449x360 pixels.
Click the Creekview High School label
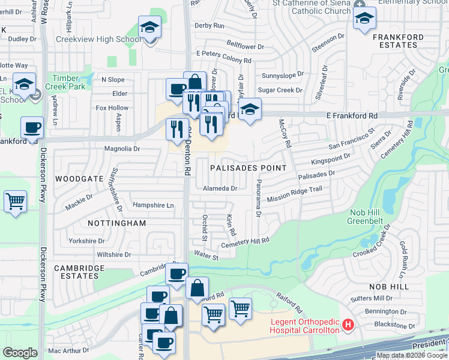[x=99, y=39]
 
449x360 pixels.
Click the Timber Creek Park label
[x=69, y=82]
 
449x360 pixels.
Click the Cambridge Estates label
[x=76, y=272]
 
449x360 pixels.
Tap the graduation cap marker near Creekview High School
[x=149, y=28]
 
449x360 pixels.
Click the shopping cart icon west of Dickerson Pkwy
[x=15, y=202]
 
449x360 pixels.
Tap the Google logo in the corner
[x=20, y=353]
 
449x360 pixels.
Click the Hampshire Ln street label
[x=153, y=205]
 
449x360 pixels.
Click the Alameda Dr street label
[x=220, y=188]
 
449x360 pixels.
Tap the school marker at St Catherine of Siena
[x=364, y=19]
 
